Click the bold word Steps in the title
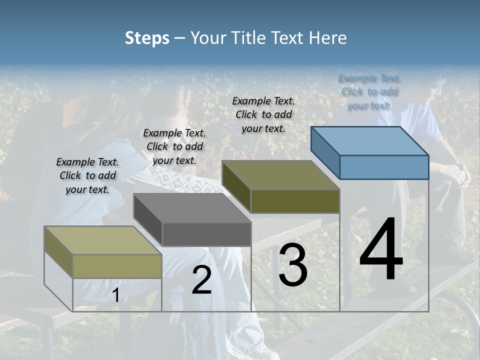[x=147, y=38]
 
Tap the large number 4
[x=381, y=250]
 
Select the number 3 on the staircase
[x=293, y=265]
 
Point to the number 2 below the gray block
[x=201, y=280]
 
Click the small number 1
[x=115, y=295]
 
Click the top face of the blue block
[x=369, y=140]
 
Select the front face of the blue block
[x=384, y=167]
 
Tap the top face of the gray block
[x=192, y=207]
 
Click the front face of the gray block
[x=206, y=234]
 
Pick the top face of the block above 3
[x=280, y=174]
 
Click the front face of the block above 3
[x=295, y=201]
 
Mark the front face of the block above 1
[x=117, y=266]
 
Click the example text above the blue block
[x=369, y=91]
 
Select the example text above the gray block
[x=174, y=146]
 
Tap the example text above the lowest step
[x=87, y=175]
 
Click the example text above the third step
[x=263, y=114]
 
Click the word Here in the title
[x=328, y=38]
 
